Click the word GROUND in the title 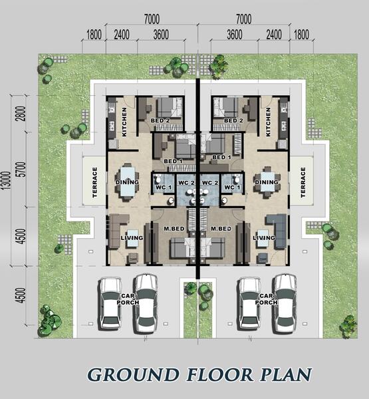coord(133,374)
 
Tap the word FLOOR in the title coord(219,374)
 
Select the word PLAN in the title coord(286,374)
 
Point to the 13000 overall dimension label coord(7,180)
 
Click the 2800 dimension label coord(22,113)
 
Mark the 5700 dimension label coord(22,169)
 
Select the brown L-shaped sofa coord(118,230)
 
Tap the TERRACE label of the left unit coord(94,182)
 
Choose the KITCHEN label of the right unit coord(268,122)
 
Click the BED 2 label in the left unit coord(160,120)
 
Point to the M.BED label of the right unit coord(221,229)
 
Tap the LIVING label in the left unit coord(132,237)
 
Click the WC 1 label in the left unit coord(164,188)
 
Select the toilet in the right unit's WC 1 coord(237,178)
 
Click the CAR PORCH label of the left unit coord(128,299)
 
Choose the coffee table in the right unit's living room coord(263,239)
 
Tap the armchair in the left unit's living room coord(133,257)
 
